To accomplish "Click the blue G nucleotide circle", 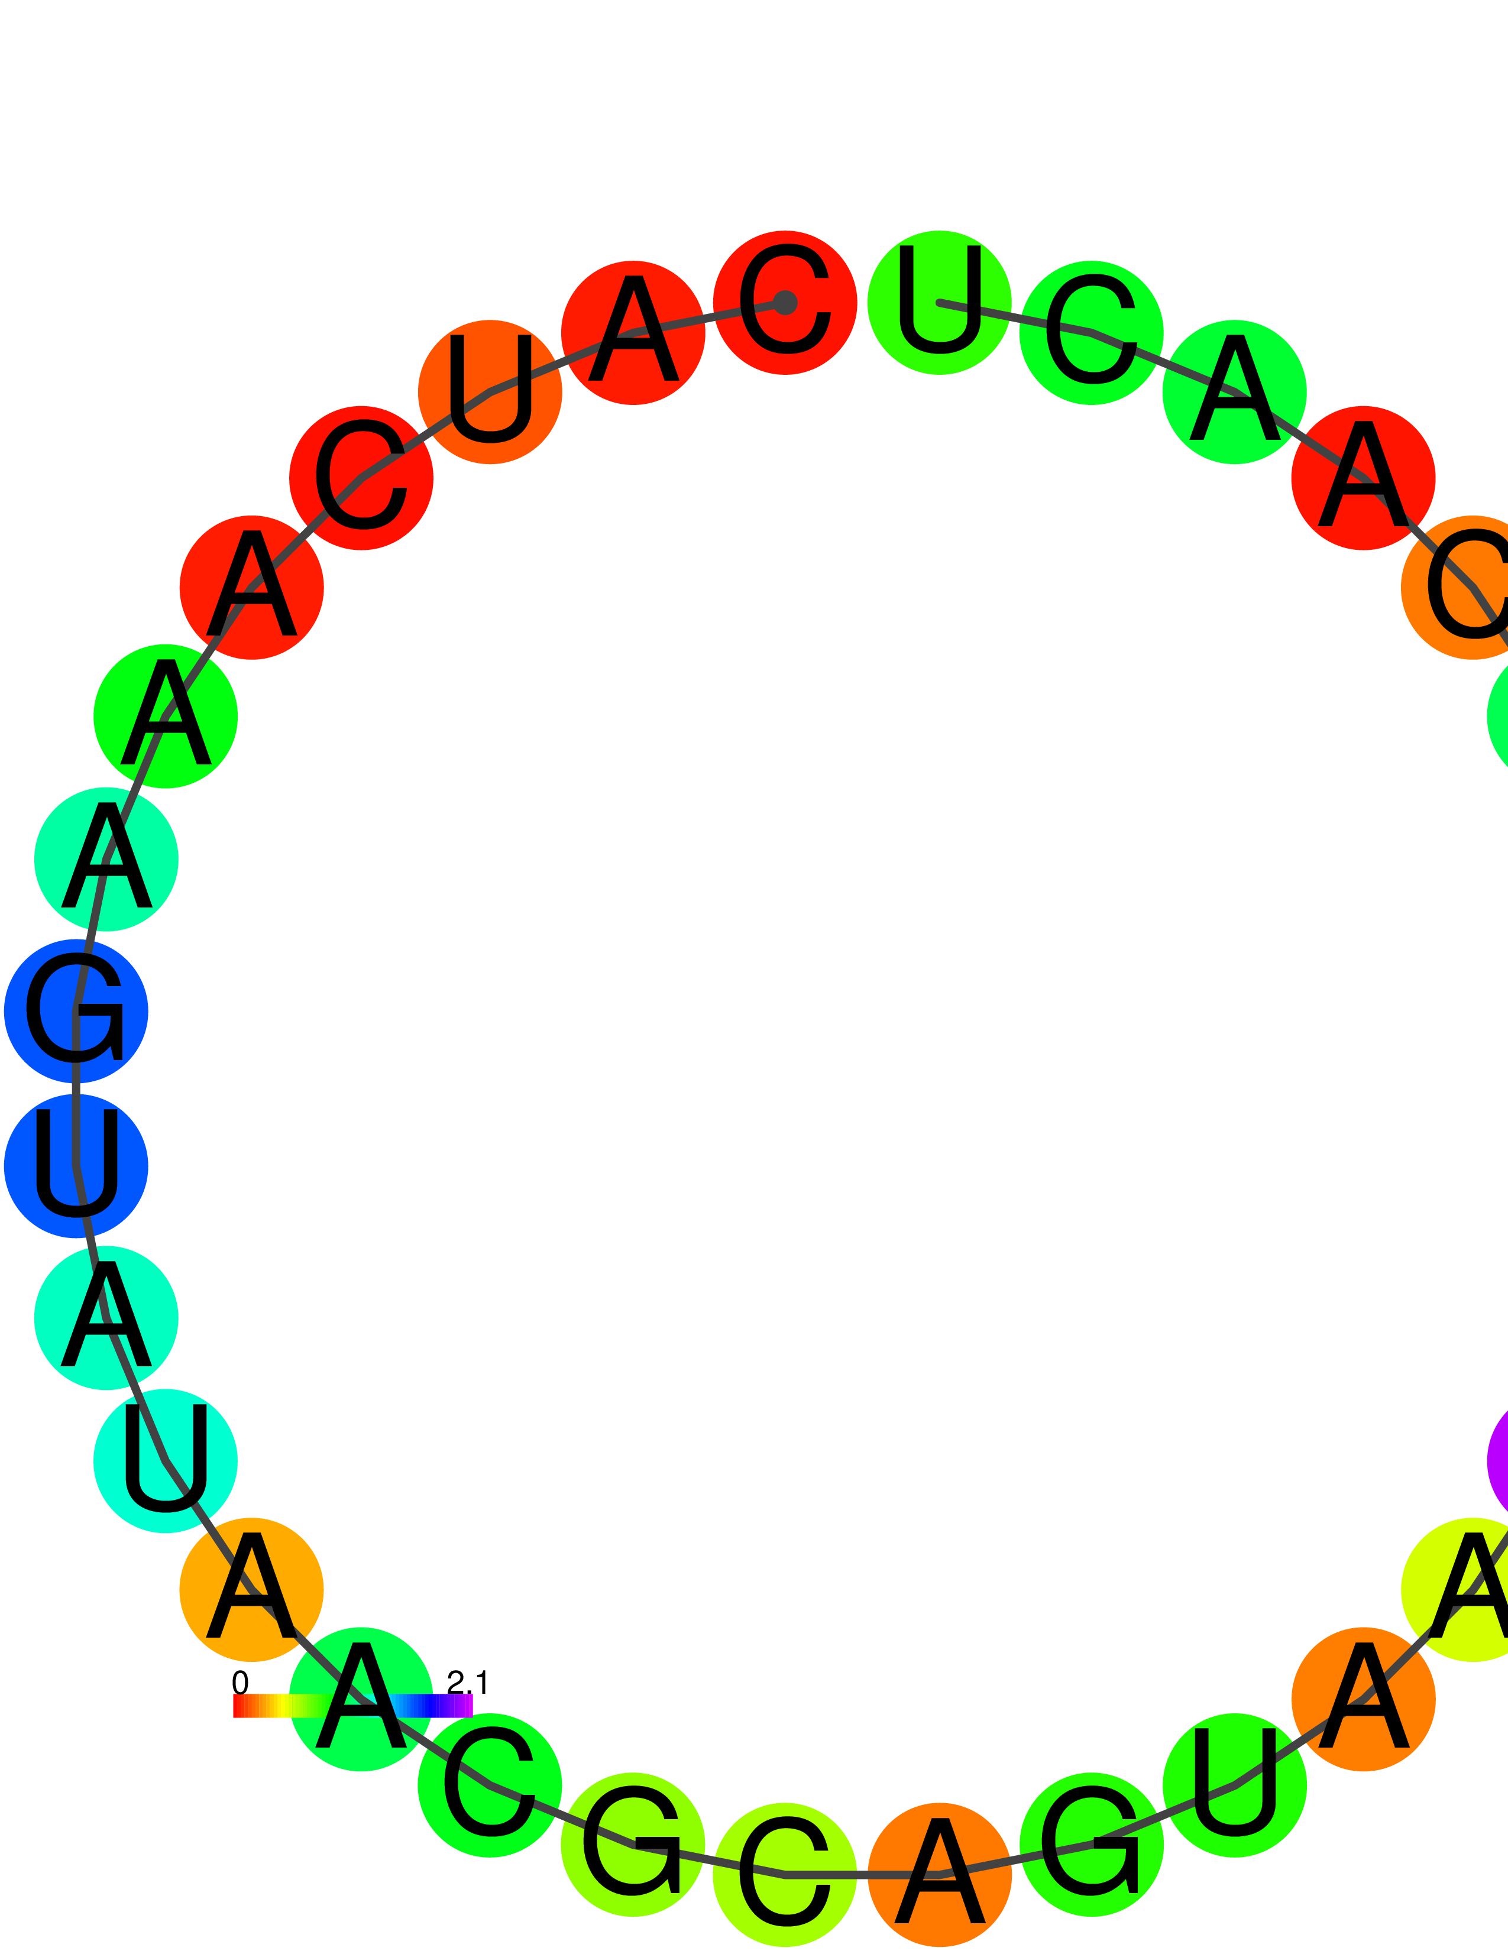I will pyautogui.click(x=76, y=1011).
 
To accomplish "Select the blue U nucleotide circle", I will pyautogui.click(x=76, y=1166).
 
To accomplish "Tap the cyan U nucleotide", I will pyautogui.click(x=165, y=1460).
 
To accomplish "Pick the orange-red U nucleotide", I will pyautogui.click(x=490, y=391).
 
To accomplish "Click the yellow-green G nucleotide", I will pyautogui.click(x=633, y=1845).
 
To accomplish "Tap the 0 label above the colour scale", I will pyautogui.click(x=240, y=1683).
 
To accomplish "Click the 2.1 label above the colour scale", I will pyautogui.click(x=467, y=1683).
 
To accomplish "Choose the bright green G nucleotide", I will pyautogui.click(x=1091, y=1845).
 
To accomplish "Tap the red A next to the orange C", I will pyautogui.click(x=1363, y=478).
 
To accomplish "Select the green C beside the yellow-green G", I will pyautogui.click(x=490, y=1785).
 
